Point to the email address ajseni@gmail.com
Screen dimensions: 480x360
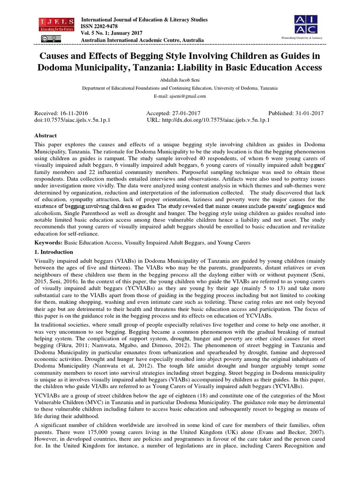pos(180,96)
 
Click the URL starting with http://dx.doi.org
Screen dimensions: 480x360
pos(220,120)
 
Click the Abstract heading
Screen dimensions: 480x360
pos(46,135)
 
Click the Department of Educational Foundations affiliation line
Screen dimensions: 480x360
pos(180,88)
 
